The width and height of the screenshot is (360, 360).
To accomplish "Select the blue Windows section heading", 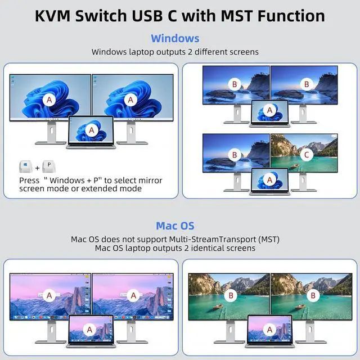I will point(175,38).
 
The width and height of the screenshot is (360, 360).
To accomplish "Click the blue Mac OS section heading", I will point(175,226).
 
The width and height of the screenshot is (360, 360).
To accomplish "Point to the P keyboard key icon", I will point(50,167).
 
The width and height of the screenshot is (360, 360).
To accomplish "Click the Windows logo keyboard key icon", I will point(26,167).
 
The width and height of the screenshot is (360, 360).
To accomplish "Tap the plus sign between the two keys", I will point(38,168).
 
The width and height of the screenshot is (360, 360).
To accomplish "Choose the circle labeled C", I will point(306,154).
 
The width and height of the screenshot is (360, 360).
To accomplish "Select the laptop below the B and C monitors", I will point(270,181).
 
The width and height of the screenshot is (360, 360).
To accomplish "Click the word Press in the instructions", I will point(29,180).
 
